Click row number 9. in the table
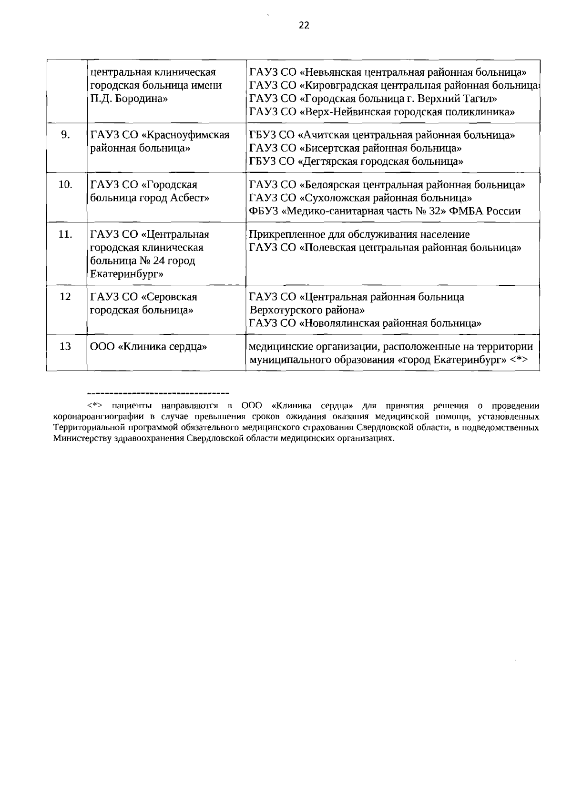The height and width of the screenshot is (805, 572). tap(66, 135)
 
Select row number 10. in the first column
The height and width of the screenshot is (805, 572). tap(65, 185)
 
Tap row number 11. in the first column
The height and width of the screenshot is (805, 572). tap(65, 234)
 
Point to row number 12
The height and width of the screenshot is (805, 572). tap(65, 297)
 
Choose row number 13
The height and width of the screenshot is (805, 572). tap(65, 346)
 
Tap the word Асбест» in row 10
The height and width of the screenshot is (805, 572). tap(190, 198)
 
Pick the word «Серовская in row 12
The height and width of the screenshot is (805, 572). tap(169, 297)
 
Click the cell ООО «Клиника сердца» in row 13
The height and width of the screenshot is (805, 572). tap(148, 346)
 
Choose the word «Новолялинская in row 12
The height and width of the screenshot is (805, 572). tap(339, 323)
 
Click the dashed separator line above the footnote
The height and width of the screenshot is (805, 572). tap(158, 393)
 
